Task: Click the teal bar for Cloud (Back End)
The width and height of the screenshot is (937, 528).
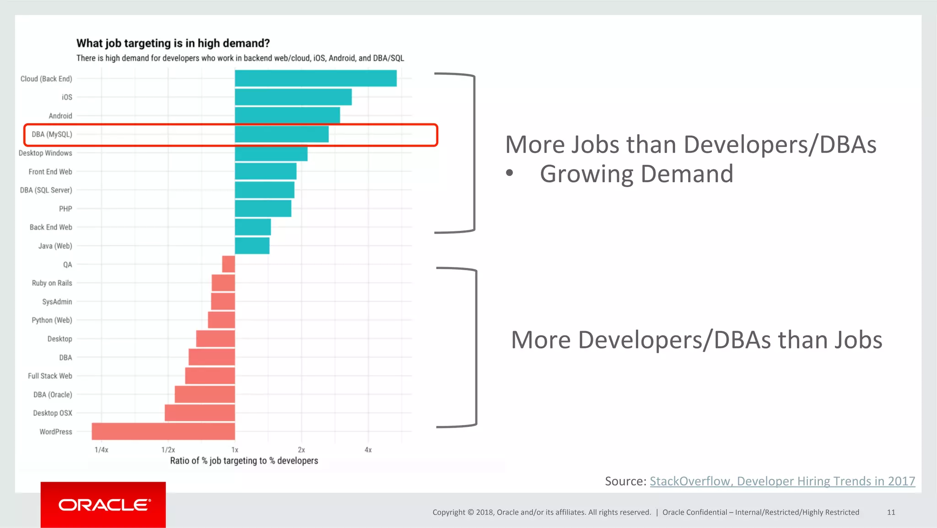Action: point(316,78)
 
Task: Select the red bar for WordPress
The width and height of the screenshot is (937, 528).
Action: point(163,431)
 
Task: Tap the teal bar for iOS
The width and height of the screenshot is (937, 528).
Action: point(293,97)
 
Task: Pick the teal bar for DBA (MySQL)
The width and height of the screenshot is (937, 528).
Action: point(281,134)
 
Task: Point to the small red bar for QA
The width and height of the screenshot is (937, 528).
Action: point(229,264)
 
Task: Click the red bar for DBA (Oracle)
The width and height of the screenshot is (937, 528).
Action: point(205,394)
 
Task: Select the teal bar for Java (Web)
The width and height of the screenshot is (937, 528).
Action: point(252,246)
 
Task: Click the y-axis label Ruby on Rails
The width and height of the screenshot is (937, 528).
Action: point(52,283)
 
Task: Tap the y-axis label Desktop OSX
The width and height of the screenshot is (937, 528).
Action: point(52,413)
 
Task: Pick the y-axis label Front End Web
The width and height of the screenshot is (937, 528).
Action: point(50,172)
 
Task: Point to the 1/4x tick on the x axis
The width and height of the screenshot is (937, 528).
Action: point(101,450)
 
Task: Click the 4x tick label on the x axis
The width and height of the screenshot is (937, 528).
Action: point(368,450)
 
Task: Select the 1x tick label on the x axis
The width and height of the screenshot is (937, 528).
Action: point(235,450)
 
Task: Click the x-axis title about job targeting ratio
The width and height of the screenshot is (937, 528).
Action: point(244,461)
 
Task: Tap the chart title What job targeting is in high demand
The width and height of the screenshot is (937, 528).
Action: point(173,43)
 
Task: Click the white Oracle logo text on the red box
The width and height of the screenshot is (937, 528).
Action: point(104,505)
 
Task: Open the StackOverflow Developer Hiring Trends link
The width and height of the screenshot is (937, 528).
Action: point(782,481)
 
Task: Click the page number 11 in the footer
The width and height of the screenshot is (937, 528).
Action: point(891,512)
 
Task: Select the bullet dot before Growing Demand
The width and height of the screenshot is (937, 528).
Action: point(510,173)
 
